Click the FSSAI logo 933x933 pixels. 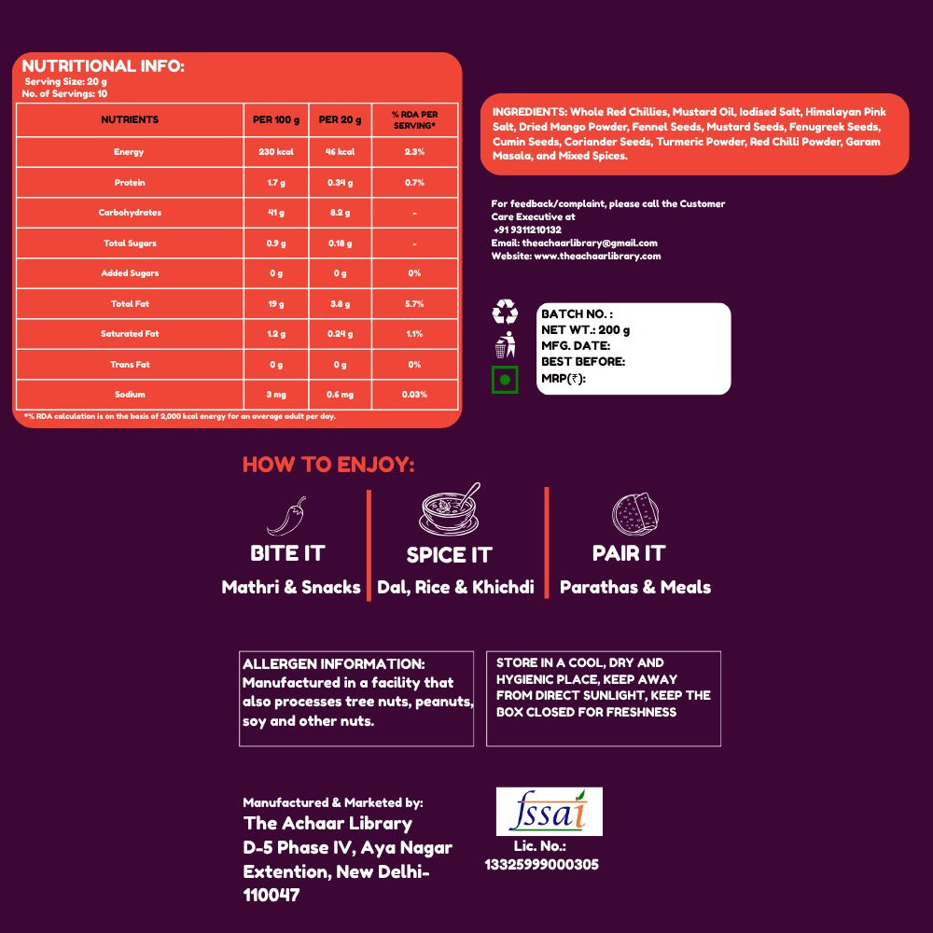click(x=550, y=811)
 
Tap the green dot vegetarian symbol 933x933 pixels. click(x=505, y=380)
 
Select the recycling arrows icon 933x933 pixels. click(x=505, y=312)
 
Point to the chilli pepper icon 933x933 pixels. click(x=286, y=516)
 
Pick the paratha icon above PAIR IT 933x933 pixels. click(x=635, y=513)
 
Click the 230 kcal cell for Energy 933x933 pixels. click(x=276, y=152)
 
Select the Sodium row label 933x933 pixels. click(x=130, y=395)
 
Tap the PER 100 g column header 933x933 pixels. click(x=276, y=119)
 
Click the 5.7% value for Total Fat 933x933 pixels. click(x=415, y=304)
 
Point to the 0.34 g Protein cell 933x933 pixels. click(x=340, y=183)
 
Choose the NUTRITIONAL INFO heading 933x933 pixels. click(x=103, y=66)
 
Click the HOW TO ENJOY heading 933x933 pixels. click(x=328, y=465)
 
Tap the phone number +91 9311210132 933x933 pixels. click(x=527, y=230)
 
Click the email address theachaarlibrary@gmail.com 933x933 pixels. click(x=590, y=243)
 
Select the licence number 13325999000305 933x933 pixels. click(x=541, y=865)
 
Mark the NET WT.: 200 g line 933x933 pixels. click(x=586, y=329)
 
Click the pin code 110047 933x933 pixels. click(x=272, y=895)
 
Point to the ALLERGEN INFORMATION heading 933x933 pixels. click(x=334, y=664)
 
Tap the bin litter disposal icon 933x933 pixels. click(x=505, y=344)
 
